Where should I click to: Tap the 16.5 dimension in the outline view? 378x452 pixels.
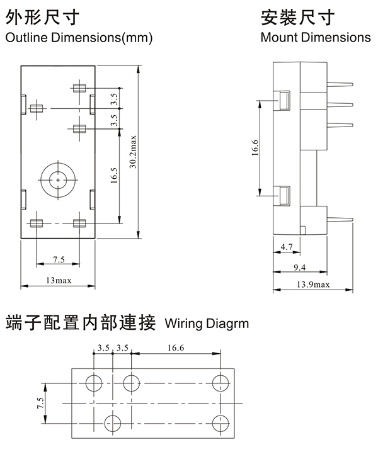pyautogui.click(x=114, y=174)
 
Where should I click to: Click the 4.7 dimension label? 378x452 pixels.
pyautogui.click(x=286, y=247)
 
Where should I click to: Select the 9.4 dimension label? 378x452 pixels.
pyautogui.click(x=302, y=267)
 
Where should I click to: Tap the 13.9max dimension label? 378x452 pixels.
pyautogui.click(x=313, y=285)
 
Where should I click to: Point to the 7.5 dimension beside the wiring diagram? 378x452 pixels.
pyautogui.click(x=41, y=403)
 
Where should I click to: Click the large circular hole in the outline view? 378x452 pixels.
pyautogui.click(x=58, y=181)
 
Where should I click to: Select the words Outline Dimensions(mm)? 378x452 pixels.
pyautogui.click(x=79, y=38)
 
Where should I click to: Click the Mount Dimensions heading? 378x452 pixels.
pyautogui.click(x=316, y=38)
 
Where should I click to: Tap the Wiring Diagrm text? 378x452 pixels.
pyautogui.click(x=206, y=324)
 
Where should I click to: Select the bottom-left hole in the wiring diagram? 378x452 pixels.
pyautogui.click(x=113, y=422)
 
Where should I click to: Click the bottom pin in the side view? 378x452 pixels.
pyautogui.click(x=340, y=218)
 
